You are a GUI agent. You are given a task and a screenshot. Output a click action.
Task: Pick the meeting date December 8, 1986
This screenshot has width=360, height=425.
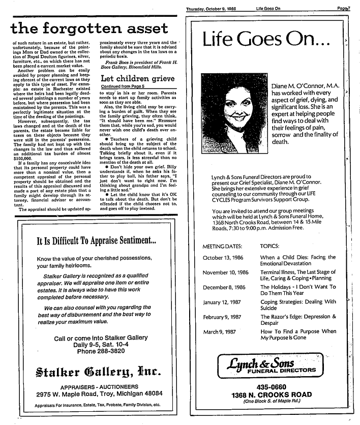pos(224,287)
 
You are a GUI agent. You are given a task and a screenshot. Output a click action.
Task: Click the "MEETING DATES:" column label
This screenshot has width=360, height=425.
pos(222,246)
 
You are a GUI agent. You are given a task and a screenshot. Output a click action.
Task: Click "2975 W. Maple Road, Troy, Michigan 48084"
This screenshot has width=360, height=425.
pos(93,394)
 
